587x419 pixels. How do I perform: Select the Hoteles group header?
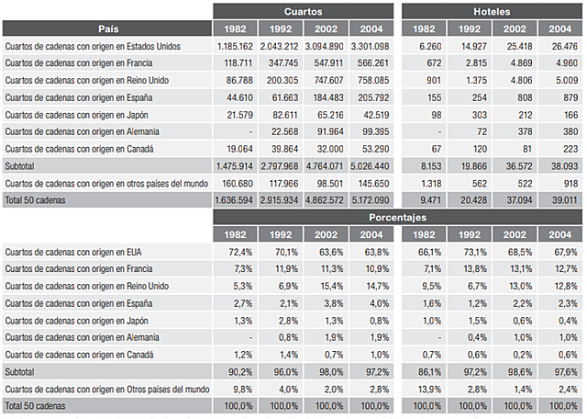pos(492,12)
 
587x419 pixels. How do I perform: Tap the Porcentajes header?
pos(397,218)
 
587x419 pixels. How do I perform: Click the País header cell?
pos(106,28)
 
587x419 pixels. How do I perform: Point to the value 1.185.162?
pos(236,46)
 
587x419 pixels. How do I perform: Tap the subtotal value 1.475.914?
pos(236,165)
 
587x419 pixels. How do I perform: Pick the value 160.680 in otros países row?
pos(238,182)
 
